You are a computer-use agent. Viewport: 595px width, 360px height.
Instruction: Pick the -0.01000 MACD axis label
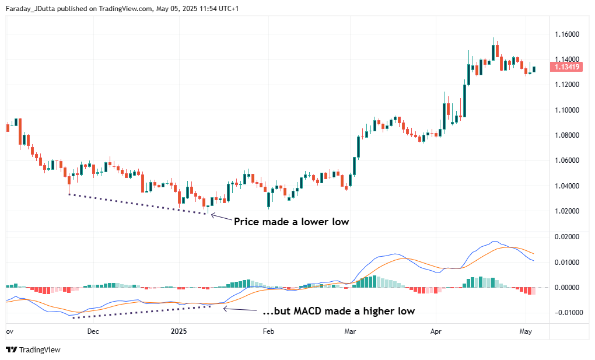pyautogui.click(x=565, y=313)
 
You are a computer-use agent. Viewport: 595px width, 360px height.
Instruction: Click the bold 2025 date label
pyautogui.click(x=178, y=331)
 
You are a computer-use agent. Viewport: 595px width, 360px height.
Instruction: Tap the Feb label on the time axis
pyautogui.click(x=268, y=331)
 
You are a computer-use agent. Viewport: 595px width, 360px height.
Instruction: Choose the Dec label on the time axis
pyautogui.click(x=93, y=331)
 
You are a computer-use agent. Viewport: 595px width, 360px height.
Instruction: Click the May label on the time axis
pyautogui.click(x=526, y=331)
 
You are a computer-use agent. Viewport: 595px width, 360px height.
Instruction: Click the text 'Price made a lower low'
pyautogui.click(x=291, y=222)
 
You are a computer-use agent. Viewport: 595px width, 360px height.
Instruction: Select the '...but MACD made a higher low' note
pyautogui.click(x=338, y=311)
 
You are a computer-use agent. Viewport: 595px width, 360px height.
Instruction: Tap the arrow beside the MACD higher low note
pyautogui.click(x=239, y=310)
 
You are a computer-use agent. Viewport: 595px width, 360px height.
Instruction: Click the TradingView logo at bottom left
pyautogui.click(x=33, y=349)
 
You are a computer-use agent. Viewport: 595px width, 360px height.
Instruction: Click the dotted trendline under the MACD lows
pyautogui.click(x=140, y=312)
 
